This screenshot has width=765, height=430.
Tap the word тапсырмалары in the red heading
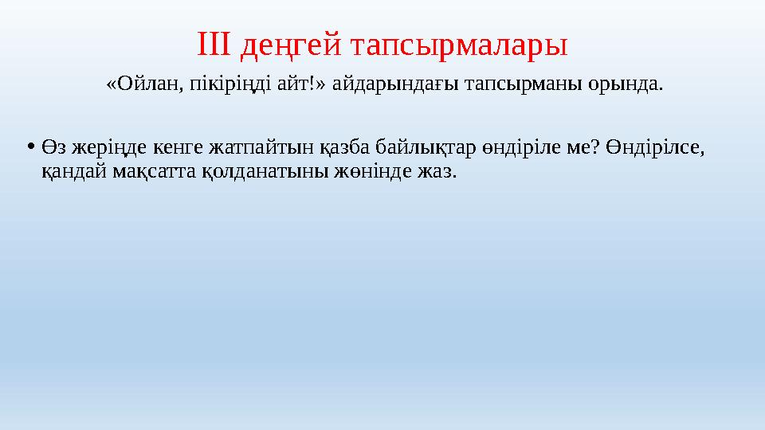point(457,46)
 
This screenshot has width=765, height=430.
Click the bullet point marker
point(30,147)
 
